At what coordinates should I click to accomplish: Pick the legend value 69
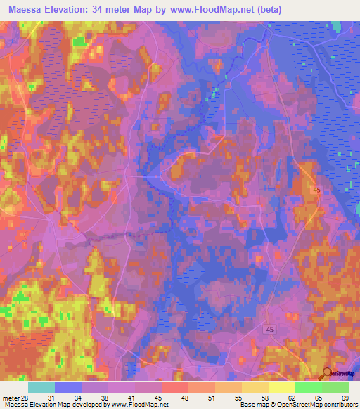point(345,397)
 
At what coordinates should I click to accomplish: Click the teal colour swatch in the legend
point(41,387)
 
